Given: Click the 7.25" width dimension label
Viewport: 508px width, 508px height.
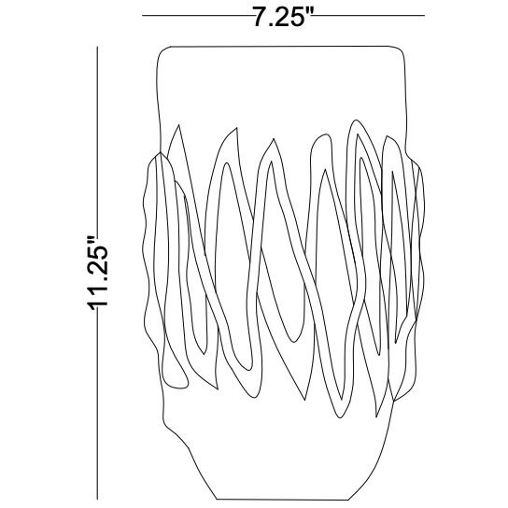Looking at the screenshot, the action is point(284,17).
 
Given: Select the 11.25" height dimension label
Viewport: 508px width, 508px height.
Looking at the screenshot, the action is point(98,273).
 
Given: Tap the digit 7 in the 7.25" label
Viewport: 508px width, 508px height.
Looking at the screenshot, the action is point(260,17).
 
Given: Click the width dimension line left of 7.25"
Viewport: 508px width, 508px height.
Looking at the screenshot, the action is point(197,15).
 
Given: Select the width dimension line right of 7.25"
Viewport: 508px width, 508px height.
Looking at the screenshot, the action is point(370,15).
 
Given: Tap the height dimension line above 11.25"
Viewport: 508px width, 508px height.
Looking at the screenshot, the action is point(97,140).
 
